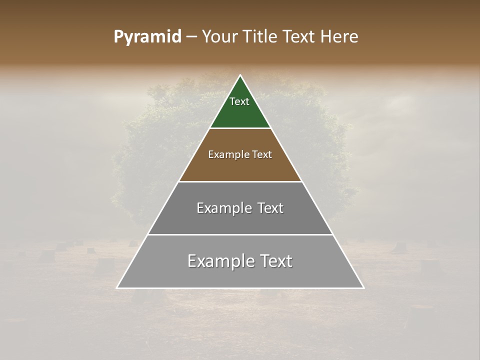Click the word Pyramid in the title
click(x=147, y=37)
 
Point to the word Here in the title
click(x=339, y=37)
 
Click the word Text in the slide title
click(x=299, y=37)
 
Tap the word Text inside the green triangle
click(x=239, y=101)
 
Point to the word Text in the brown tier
click(x=262, y=154)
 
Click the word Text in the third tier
click(x=270, y=208)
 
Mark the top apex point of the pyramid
click(x=240, y=75)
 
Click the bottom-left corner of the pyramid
click(x=117, y=287)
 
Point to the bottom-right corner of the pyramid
click(x=363, y=287)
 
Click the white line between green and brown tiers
click(x=240, y=128)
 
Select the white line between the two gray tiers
click(x=240, y=234)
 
